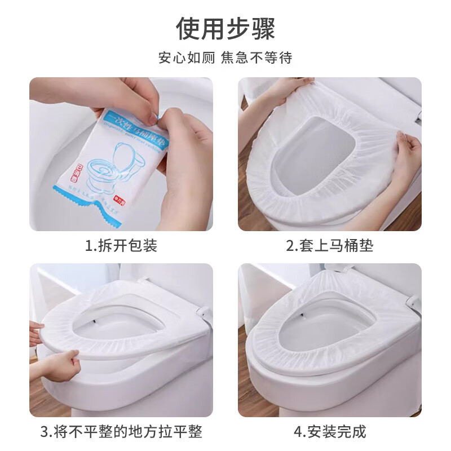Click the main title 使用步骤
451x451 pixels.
[225, 28]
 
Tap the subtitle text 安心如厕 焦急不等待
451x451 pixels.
[225, 58]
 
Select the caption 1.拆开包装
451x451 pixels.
[121, 246]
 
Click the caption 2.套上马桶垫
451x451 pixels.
[329, 246]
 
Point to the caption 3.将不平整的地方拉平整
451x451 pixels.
[121, 432]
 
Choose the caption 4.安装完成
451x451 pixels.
[329, 432]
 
